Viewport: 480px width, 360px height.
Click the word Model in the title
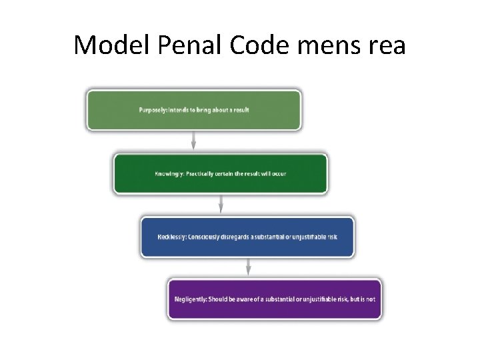point(103,45)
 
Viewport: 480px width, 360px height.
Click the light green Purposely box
point(193,110)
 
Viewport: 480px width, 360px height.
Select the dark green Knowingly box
point(220,174)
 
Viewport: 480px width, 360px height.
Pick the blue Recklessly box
point(247,237)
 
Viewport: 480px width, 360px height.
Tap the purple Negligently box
point(274,299)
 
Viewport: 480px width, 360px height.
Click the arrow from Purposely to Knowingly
point(193,141)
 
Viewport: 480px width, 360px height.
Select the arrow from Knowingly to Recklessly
point(221,205)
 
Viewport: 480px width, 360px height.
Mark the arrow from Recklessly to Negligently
point(248,267)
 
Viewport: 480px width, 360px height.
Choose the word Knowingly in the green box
point(169,174)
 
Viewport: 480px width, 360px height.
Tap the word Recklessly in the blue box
point(173,237)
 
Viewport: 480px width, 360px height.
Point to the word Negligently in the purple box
point(189,299)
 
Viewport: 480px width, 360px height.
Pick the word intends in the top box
point(182,110)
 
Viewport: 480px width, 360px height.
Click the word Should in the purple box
point(219,299)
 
